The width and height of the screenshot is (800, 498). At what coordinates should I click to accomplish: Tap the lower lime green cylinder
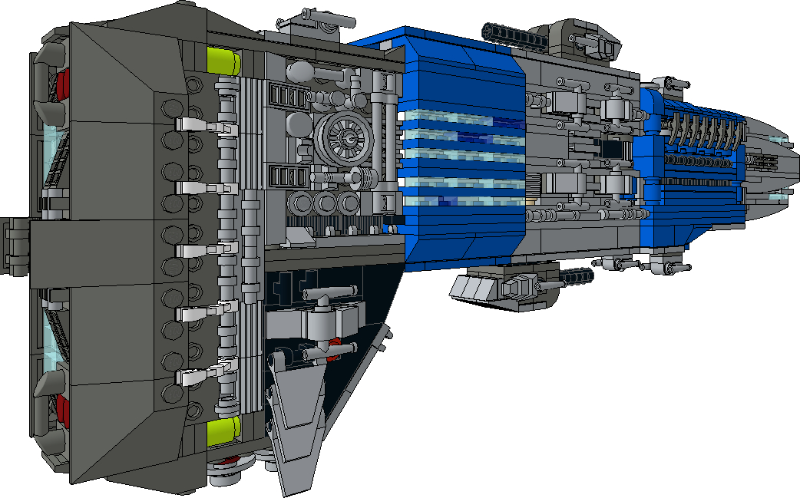click(224, 430)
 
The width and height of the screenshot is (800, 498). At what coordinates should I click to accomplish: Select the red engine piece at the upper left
click(62, 80)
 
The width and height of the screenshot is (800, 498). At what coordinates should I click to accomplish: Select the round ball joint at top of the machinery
click(299, 72)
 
